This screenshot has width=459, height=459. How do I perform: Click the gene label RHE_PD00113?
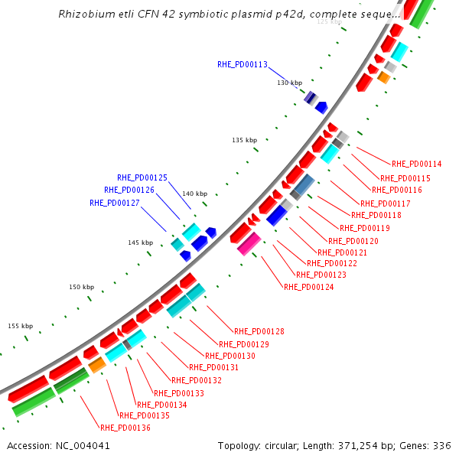point(242,64)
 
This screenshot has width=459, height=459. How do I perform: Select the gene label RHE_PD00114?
point(416,163)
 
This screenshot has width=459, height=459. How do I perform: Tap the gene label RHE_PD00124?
point(308,287)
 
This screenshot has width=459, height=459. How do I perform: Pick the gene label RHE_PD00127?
point(115,203)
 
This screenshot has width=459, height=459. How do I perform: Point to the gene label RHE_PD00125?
point(142,177)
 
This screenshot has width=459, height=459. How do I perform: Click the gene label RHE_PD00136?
point(125,428)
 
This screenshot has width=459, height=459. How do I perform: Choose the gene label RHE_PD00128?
point(259,331)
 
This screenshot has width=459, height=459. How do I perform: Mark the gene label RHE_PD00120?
point(353,241)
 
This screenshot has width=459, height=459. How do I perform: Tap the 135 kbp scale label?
point(244,140)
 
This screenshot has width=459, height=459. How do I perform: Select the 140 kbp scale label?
point(194,194)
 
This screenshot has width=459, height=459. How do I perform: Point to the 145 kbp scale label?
point(140,243)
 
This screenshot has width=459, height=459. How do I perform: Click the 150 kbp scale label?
point(81,287)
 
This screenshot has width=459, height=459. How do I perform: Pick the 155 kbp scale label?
point(21,326)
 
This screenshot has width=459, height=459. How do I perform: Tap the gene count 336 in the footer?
point(442,445)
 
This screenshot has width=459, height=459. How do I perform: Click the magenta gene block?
point(249,243)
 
